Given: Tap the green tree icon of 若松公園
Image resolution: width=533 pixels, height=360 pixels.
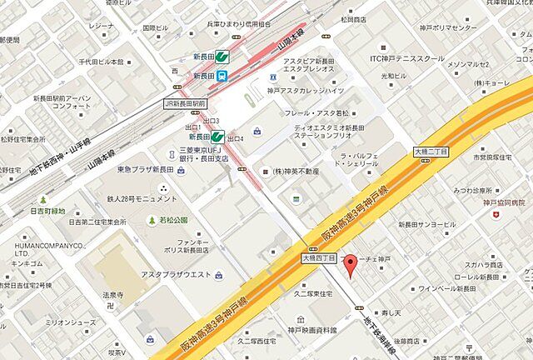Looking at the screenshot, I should (x=152, y=221).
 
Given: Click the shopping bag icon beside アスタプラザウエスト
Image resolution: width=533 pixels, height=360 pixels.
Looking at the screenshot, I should (x=218, y=276).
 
